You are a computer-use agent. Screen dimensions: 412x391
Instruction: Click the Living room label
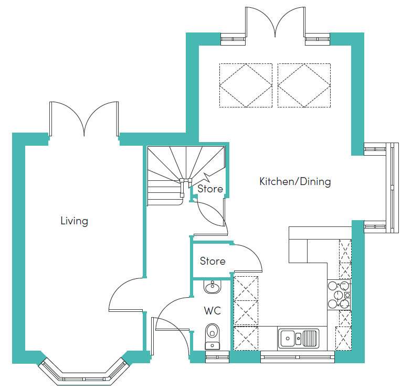(74, 221)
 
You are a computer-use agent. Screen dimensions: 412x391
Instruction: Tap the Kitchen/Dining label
(295, 181)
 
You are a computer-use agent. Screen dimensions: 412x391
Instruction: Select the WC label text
(213, 311)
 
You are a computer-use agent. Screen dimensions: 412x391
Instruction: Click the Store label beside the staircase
(210, 189)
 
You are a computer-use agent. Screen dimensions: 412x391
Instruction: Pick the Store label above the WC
(213, 261)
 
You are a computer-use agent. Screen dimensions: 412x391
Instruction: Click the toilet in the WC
(213, 336)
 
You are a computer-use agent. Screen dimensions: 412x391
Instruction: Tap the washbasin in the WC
(213, 287)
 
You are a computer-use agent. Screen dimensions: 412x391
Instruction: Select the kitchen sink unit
(299, 339)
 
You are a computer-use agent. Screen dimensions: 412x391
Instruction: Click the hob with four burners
(339, 295)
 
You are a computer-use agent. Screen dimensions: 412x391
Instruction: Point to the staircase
(186, 175)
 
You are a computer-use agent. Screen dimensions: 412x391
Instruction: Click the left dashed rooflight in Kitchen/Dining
(246, 85)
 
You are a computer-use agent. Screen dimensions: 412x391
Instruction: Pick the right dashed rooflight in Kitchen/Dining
(304, 85)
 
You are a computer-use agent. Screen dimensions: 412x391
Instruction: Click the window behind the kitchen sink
(298, 357)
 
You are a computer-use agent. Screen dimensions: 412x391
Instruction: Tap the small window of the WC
(217, 357)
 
